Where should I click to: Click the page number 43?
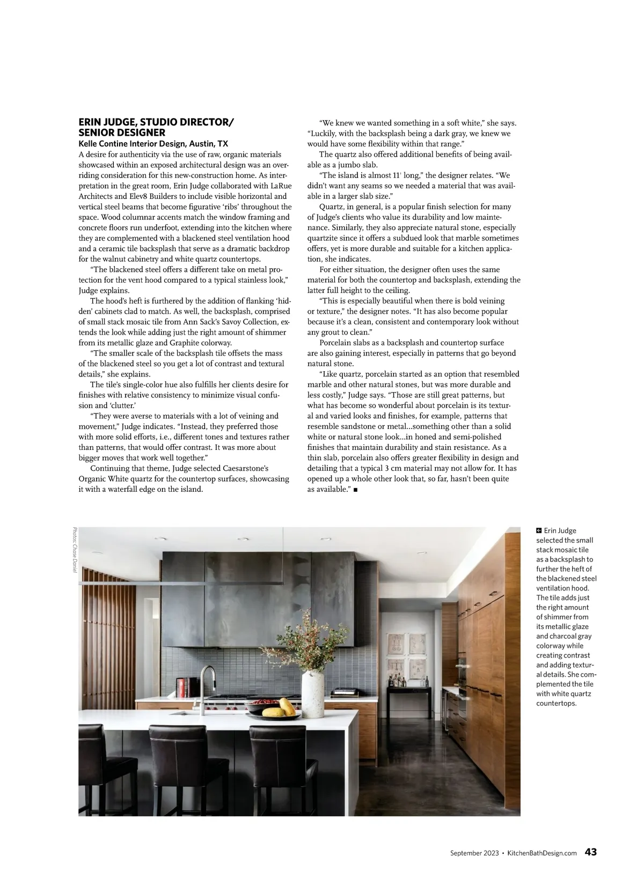coord(590,852)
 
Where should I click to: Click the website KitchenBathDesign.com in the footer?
coord(542,853)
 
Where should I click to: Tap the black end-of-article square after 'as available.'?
coord(355,490)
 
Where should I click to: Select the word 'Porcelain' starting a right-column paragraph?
coord(336,343)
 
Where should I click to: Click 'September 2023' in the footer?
coord(474,853)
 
